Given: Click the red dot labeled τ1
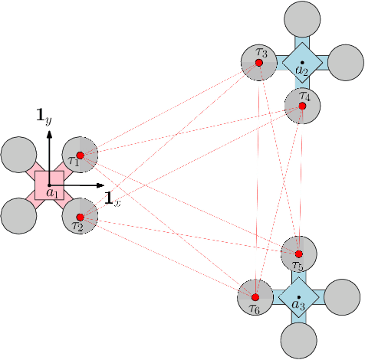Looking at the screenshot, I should [80, 155].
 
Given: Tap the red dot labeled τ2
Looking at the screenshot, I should [80, 217].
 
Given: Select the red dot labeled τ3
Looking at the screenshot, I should [258, 63].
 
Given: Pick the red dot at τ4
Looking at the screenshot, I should [302, 106].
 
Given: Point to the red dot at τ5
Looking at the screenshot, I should [298, 254].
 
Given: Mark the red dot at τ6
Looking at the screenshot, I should [255, 296].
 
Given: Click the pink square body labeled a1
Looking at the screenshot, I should [49, 186].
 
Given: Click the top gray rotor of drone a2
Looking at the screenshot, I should [301, 18].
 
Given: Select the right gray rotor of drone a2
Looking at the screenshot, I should [345, 62].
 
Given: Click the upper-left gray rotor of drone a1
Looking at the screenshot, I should [18, 155].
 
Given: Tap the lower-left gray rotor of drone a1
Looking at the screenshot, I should [18, 217].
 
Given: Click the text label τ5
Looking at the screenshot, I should [299, 266].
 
